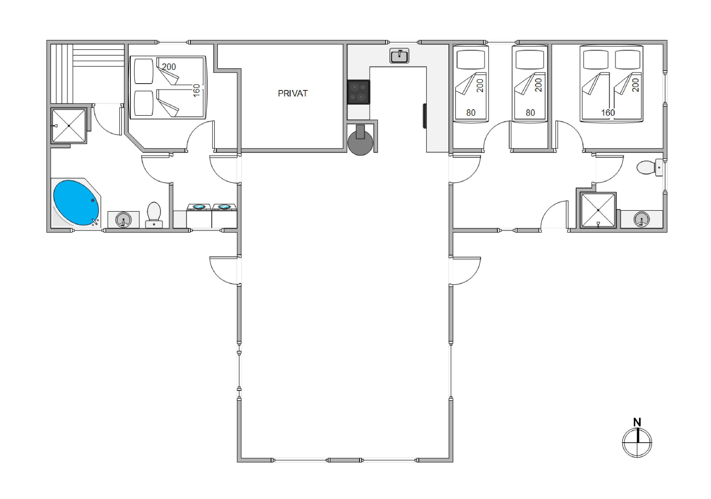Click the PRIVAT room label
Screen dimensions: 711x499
[x=292, y=94]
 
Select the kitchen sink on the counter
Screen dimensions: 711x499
[x=399, y=56]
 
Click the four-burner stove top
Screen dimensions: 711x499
[x=359, y=92]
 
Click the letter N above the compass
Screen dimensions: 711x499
[x=637, y=422]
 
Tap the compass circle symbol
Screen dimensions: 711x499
[x=637, y=443]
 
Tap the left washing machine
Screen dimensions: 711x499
[x=199, y=216]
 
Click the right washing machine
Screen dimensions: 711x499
[x=224, y=216]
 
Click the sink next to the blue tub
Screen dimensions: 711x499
[x=123, y=219]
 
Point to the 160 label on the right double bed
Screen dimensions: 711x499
[x=608, y=113]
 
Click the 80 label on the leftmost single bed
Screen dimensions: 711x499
[x=471, y=113]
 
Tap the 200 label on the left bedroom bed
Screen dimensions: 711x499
[x=169, y=67]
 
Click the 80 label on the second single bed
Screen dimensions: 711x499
[x=530, y=113]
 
